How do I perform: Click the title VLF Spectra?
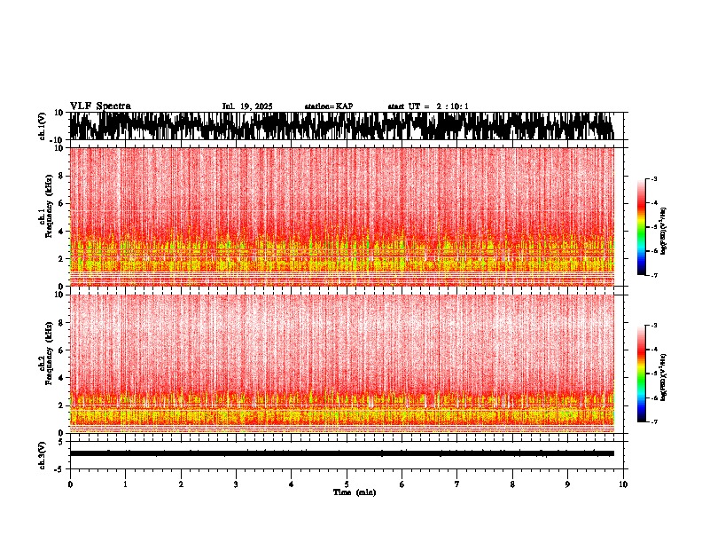tap(100, 106)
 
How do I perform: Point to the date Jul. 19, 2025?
tap(247, 106)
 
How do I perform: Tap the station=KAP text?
tap(328, 106)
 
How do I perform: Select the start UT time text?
tap(428, 106)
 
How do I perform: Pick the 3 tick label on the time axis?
tap(236, 484)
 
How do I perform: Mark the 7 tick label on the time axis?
tap(457, 484)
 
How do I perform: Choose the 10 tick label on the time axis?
tap(623, 484)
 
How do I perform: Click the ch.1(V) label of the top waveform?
tap(42, 126)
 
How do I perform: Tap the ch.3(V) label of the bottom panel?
tap(42, 453)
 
